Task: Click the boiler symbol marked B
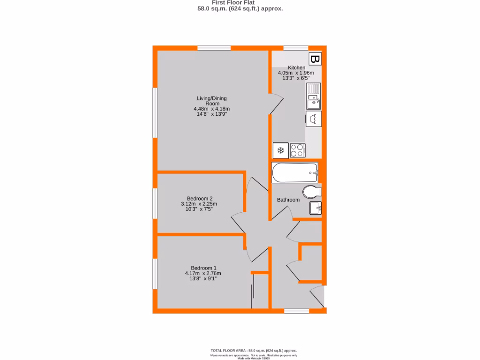pyautogui.click(x=315, y=60)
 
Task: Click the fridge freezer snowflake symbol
pyautogui.click(x=281, y=150)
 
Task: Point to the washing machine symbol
pyautogui.click(x=314, y=119)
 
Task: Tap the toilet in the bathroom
pyautogui.click(x=311, y=192)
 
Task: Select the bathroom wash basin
pyautogui.click(x=315, y=207)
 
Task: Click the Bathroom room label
pyautogui.click(x=288, y=200)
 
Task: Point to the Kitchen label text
pyautogui.click(x=296, y=68)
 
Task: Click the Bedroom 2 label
pyautogui.click(x=199, y=198)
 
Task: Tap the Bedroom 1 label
pyautogui.click(x=202, y=268)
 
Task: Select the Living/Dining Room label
pyautogui.click(x=211, y=101)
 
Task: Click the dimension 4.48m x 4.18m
pyautogui.click(x=211, y=109)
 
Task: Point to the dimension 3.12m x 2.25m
pyautogui.click(x=199, y=204)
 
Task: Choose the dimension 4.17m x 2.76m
pyautogui.click(x=202, y=274)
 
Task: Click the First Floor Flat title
pyautogui.click(x=240, y=2)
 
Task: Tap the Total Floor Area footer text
pyautogui.click(x=254, y=351)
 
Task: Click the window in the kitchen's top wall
pyautogui.click(x=296, y=47)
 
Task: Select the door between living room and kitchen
pyautogui.click(x=276, y=102)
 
